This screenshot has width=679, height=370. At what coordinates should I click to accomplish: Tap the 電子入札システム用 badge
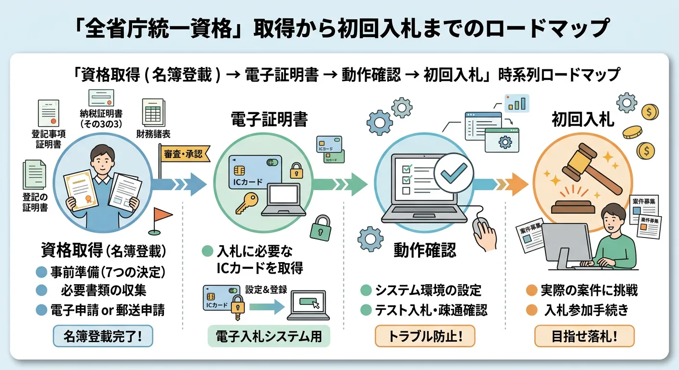point(269,336)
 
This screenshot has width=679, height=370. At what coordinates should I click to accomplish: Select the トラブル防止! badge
point(425,336)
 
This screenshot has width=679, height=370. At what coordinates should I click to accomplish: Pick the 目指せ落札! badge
point(584,336)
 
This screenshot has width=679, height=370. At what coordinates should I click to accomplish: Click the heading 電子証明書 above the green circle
point(269,119)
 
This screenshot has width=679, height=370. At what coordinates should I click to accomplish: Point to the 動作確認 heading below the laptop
point(425,250)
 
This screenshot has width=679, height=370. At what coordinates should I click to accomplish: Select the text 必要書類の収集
point(104,291)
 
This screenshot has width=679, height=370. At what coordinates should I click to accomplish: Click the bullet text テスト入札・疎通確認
point(431,310)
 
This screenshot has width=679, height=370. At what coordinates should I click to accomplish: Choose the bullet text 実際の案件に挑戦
point(589,290)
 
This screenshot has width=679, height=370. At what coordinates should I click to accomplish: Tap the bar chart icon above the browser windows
point(516,103)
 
